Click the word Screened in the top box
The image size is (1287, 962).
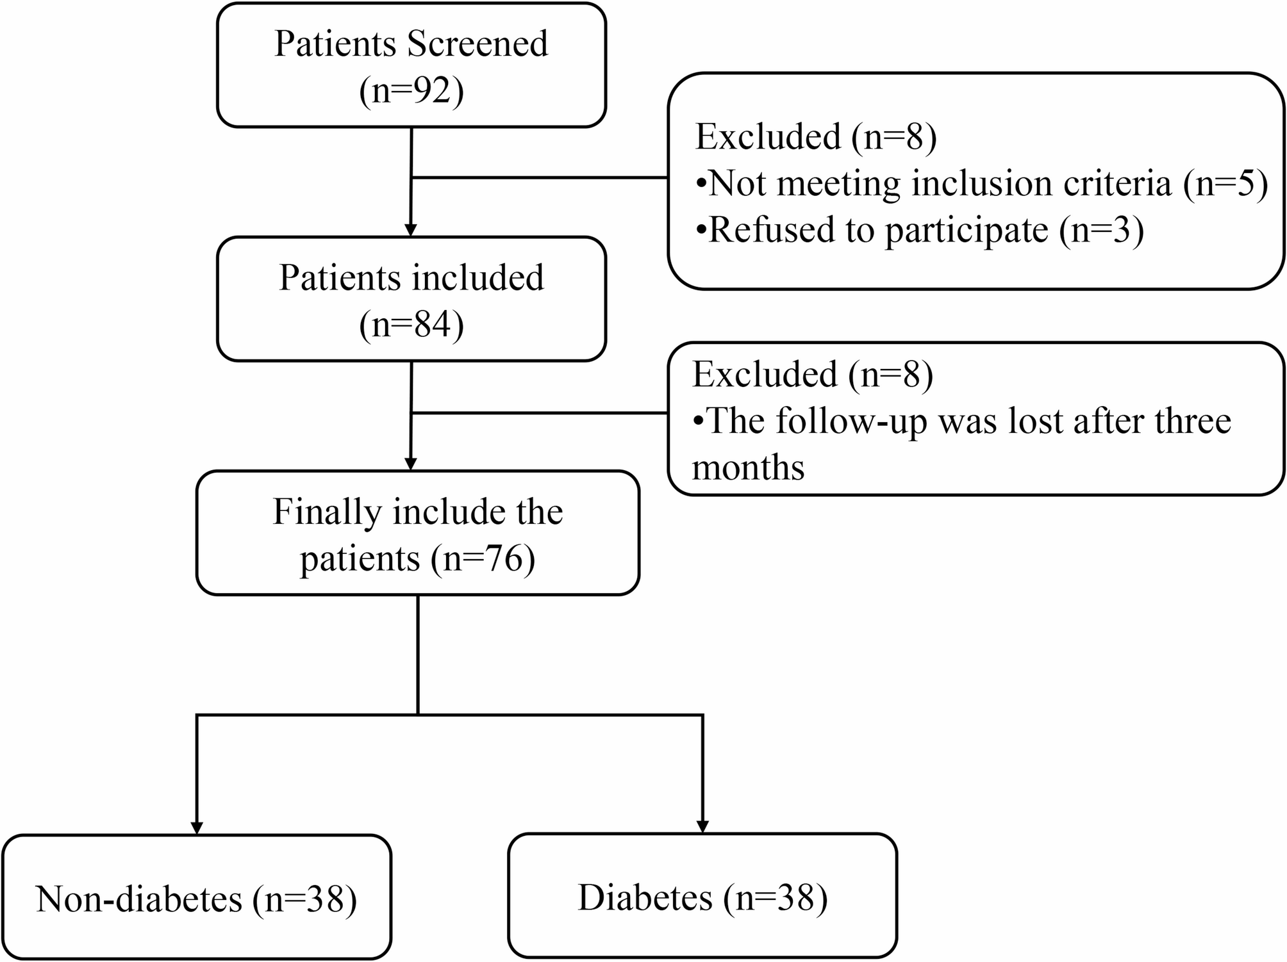tap(477, 44)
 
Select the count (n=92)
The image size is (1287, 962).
tap(411, 90)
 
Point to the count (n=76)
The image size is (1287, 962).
tap(483, 558)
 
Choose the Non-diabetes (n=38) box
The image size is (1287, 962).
tap(197, 897)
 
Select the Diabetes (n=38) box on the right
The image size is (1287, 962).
tap(702, 895)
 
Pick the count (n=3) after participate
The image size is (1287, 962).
tap(1102, 231)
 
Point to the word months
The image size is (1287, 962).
tap(748, 467)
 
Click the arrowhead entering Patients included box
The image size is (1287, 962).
tap(411, 230)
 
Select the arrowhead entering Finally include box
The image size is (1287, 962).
tap(411, 464)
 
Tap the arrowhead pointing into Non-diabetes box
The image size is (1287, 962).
tap(197, 827)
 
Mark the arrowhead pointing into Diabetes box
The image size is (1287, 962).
tap(702, 826)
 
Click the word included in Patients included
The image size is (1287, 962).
tap(477, 278)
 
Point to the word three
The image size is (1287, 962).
tap(1193, 421)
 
